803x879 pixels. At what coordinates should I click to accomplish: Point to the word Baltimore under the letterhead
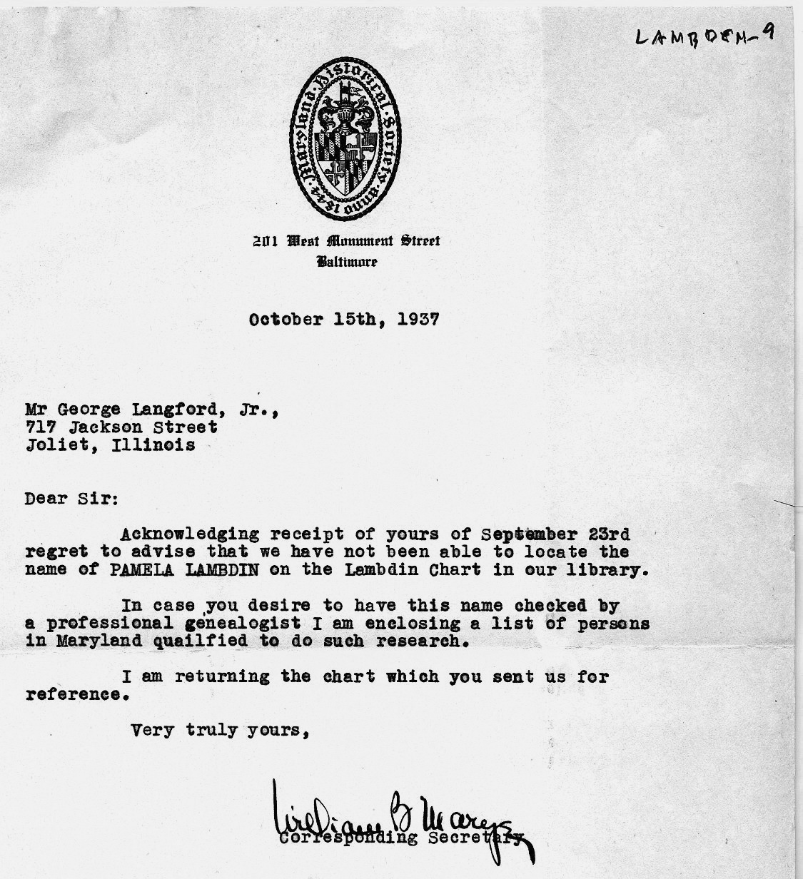(x=347, y=262)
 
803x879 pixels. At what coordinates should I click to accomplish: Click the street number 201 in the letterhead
(x=266, y=240)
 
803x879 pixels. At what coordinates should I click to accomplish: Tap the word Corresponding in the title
(x=349, y=838)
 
